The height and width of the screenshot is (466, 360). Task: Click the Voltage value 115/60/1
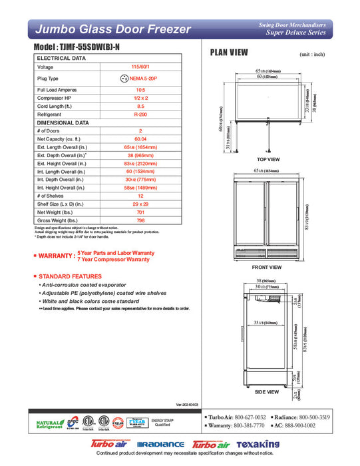[140, 67]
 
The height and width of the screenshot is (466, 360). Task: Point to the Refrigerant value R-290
[140, 114]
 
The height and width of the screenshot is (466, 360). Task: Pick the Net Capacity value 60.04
[140, 138]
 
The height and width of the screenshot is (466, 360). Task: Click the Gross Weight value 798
[140, 220]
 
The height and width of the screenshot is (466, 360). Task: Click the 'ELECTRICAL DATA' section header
[61, 59]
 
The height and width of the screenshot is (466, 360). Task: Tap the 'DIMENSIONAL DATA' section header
[63, 122]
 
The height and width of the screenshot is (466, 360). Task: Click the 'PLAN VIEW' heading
[230, 53]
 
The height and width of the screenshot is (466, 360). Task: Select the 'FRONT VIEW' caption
[268, 267]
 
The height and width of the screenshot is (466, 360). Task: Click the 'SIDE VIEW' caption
[268, 392]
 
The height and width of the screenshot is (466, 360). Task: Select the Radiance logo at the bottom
[160, 444]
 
